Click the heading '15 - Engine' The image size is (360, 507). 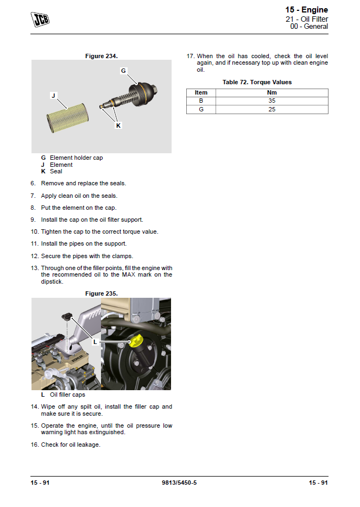(306, 10)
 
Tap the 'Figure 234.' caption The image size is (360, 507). (102, 56)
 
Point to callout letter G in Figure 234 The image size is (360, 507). (123, 71)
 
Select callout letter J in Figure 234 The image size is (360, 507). (53, 96)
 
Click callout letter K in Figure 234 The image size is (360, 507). (118, 126)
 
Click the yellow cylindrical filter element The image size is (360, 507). (64, 116)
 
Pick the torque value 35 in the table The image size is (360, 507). (271, 101)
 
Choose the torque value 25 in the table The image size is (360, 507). (271, 109)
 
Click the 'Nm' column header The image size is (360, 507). (271, 92)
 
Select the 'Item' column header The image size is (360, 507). (201, 92)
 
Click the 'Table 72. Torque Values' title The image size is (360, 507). (257, 82)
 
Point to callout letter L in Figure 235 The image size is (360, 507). (95, 342)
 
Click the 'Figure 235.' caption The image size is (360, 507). (102, 293)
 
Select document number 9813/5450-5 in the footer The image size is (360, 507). (179, 483)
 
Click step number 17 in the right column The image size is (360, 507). (190, 56)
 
